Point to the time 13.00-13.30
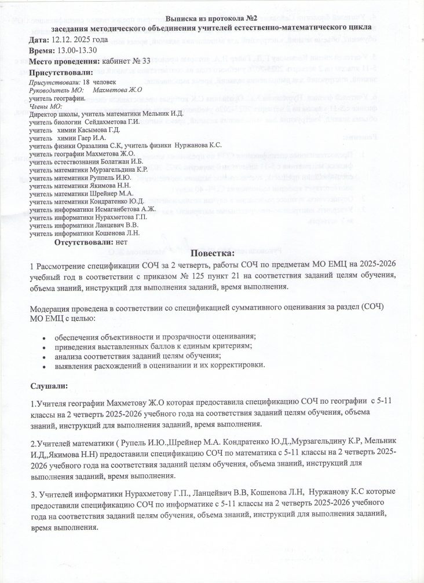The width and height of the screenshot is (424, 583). [x=77, y=51]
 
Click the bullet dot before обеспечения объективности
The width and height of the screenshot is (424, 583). [x=45, y=337]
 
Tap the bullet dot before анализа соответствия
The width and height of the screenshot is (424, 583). [x=45, y=356]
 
